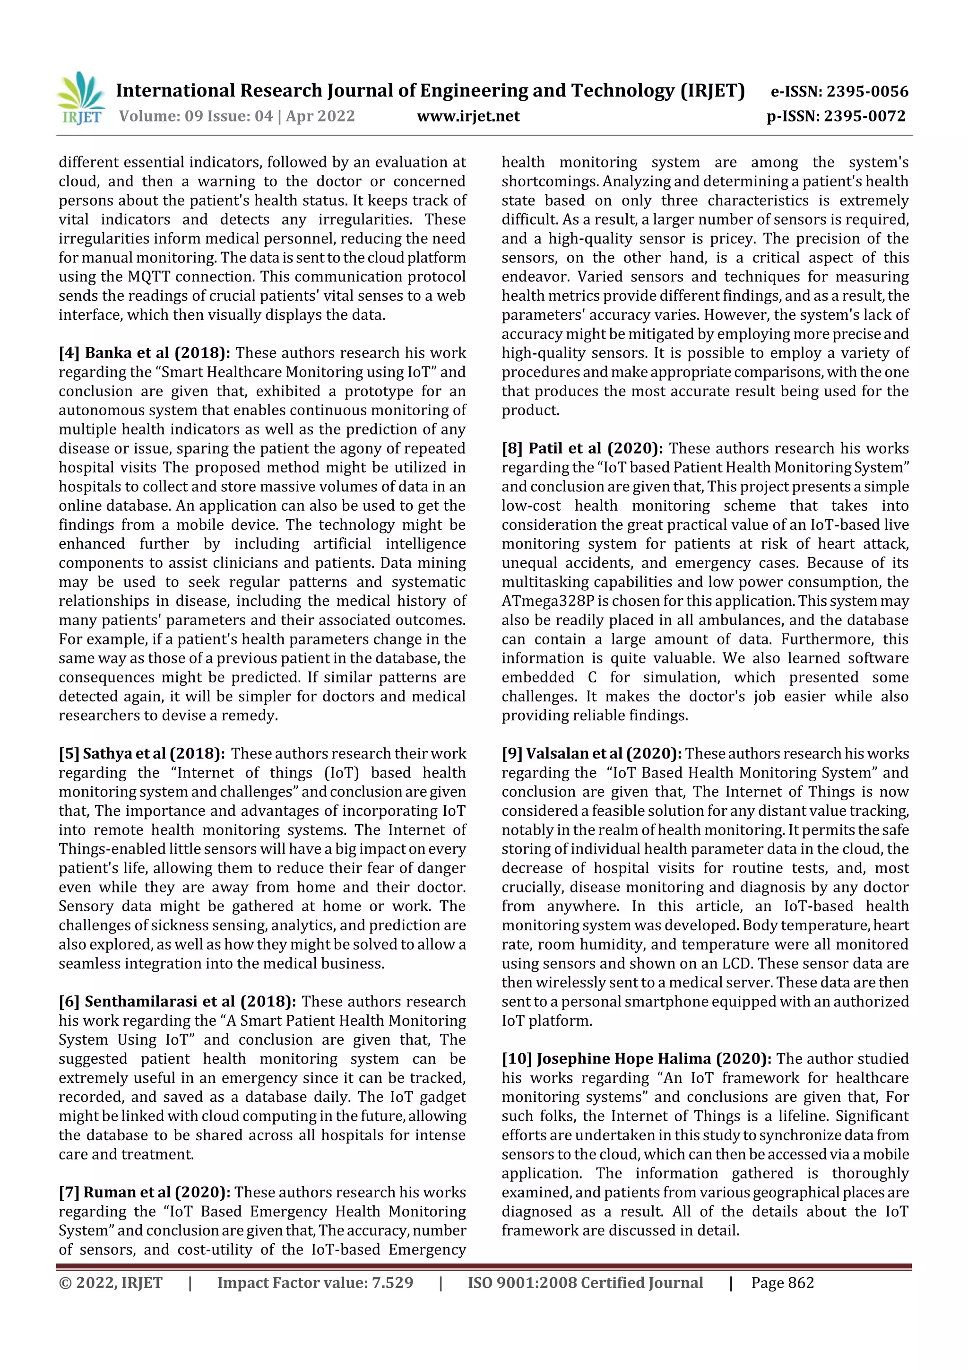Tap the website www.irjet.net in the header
(x=468, y=116)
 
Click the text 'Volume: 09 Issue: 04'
(x=196, y=116)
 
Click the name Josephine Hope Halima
(x=624, y=1059)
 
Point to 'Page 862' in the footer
(x=782, y=1283)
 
